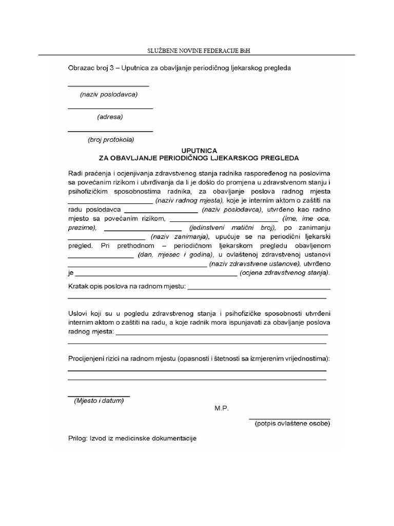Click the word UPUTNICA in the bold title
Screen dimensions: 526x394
click(x=199, y=149)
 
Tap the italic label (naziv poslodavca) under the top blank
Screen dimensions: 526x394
click(x=109, y=95)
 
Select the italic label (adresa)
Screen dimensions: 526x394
click(x=110, y=117)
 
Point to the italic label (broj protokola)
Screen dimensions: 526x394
click(x=111, y=140)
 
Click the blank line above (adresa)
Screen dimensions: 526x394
click(x=110, y=108)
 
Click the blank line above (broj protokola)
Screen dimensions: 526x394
click(x=110, y=131)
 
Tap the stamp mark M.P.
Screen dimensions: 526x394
click(x=222, y=408)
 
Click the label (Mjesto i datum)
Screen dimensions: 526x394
click(x=99, y=401)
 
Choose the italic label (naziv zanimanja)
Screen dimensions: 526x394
click(x=180, y=237)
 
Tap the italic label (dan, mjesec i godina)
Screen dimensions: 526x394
click(x=175, y=255)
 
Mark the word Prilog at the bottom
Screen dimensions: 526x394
click(x=77, y=439)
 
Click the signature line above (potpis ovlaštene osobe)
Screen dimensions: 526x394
click(x=289, y=419)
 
